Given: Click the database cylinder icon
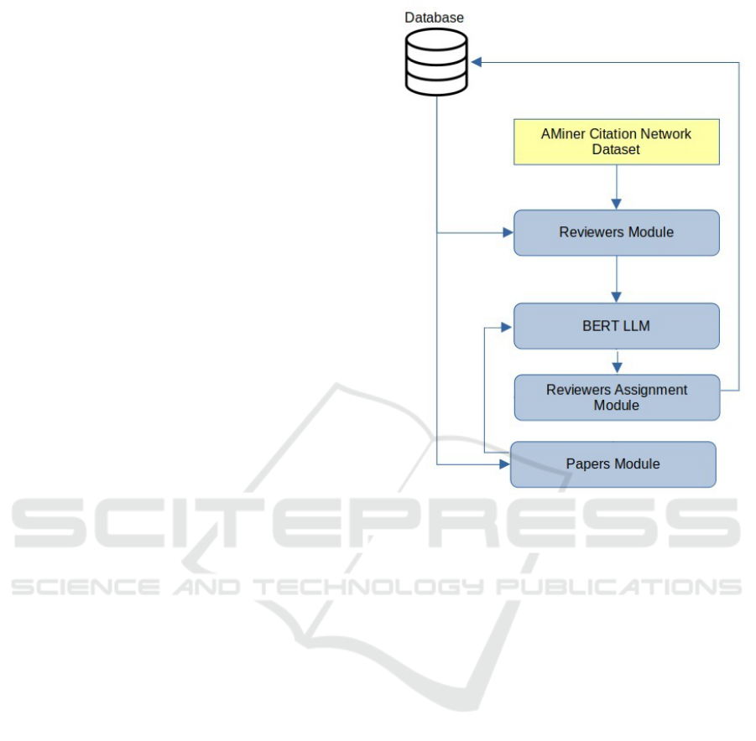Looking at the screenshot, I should [x=435, y=61].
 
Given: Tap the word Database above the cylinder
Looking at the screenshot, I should [x=435, y=17].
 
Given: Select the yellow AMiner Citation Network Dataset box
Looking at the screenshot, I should [x=617, y=141].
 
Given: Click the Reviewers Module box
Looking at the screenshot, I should [x=617, y=232].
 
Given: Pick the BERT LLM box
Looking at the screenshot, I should [x=617, y=325].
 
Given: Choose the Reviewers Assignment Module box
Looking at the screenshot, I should [x=617, y=397].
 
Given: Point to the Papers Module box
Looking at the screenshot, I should [x=613, y=464].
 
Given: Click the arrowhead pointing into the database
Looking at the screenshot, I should [x=477, y=62].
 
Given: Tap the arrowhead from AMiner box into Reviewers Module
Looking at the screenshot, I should [x=617, y=204].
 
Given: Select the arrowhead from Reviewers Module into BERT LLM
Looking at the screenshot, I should [x=617, y=297].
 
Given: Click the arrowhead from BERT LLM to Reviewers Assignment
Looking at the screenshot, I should [x=617, y=367].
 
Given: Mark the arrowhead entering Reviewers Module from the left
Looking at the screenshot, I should [x=508, y=232].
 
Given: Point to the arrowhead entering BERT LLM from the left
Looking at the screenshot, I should [x=508, y=325].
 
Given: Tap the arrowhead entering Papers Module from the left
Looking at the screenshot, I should [x=505, y=464].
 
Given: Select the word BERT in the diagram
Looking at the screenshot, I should [x=601, y=325].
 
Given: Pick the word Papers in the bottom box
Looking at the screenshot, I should [x=587, y=464].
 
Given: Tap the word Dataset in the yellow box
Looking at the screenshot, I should [x=616, y=149].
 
